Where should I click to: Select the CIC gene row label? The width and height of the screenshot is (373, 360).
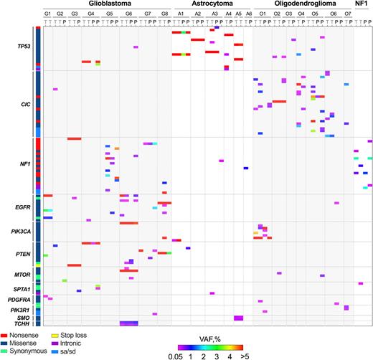24,103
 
